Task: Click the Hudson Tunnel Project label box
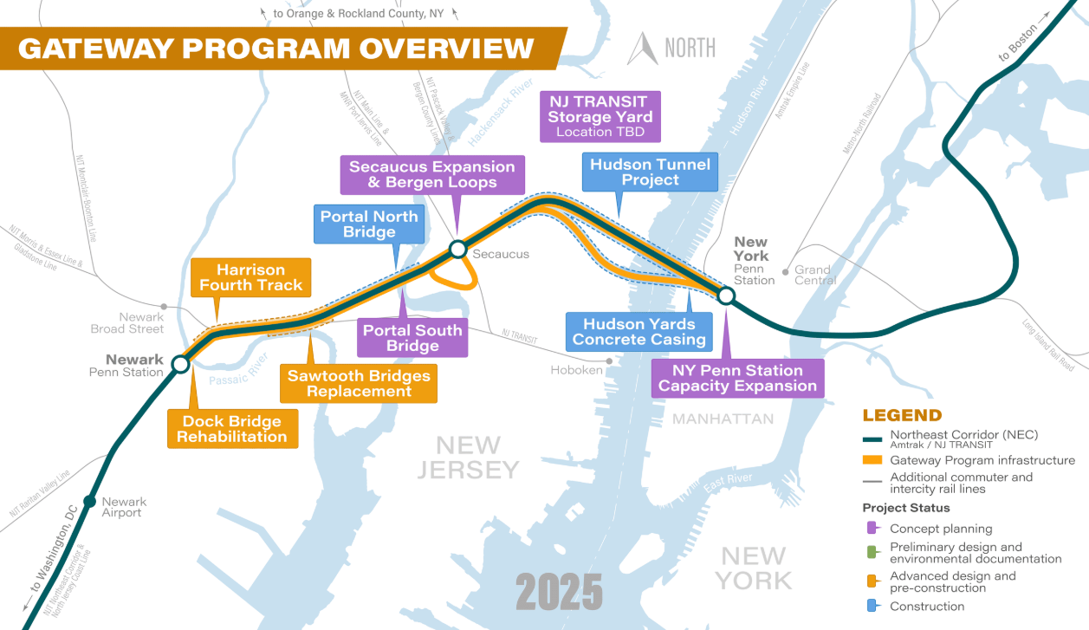point(650,172)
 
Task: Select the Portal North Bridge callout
point(369,224)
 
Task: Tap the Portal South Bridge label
point(412,338)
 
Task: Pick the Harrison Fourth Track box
point(250,277)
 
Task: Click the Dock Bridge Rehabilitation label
point(231,429)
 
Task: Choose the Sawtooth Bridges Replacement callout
point(358,383)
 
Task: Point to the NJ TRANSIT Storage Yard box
point(600,116)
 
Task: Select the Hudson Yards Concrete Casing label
point(639,332)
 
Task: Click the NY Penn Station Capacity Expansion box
point(737,378)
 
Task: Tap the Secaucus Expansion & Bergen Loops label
point(431,174)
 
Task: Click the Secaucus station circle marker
point(457,250)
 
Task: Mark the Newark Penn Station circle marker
point(180,364)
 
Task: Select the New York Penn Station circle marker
point(726,296)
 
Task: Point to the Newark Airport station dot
point(89,501)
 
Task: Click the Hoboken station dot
point(610,360)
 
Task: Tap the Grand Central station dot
point(785,270)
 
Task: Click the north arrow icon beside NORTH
point(643,49)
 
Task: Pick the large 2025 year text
point(559,593)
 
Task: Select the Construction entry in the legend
point(926,607)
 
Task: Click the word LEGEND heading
point(902,416)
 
